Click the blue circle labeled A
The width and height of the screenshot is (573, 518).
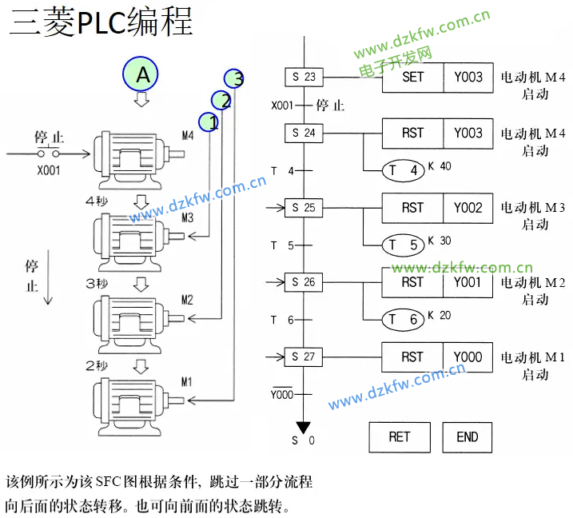point(142,75)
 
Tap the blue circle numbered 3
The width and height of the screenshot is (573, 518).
point(234,78)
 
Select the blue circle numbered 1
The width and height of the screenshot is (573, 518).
point(209,122)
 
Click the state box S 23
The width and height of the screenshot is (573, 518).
point(304,78)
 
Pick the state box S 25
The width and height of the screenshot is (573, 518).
point(304,208)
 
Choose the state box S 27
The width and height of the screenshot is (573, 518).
point(304,357)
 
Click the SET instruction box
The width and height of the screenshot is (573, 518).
point(412,78)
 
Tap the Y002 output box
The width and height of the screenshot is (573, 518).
point(468,208)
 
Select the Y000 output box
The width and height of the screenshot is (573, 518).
point(468,357)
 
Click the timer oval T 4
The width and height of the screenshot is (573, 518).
point(404,170)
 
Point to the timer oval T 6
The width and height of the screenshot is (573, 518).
point(404,320)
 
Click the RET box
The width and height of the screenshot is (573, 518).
point(399,436)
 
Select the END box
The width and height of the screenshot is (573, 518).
point(468,436)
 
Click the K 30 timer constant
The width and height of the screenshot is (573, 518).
point(440,240)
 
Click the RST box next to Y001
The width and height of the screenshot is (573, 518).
point(412,282)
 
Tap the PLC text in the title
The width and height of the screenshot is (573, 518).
point(101,23)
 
